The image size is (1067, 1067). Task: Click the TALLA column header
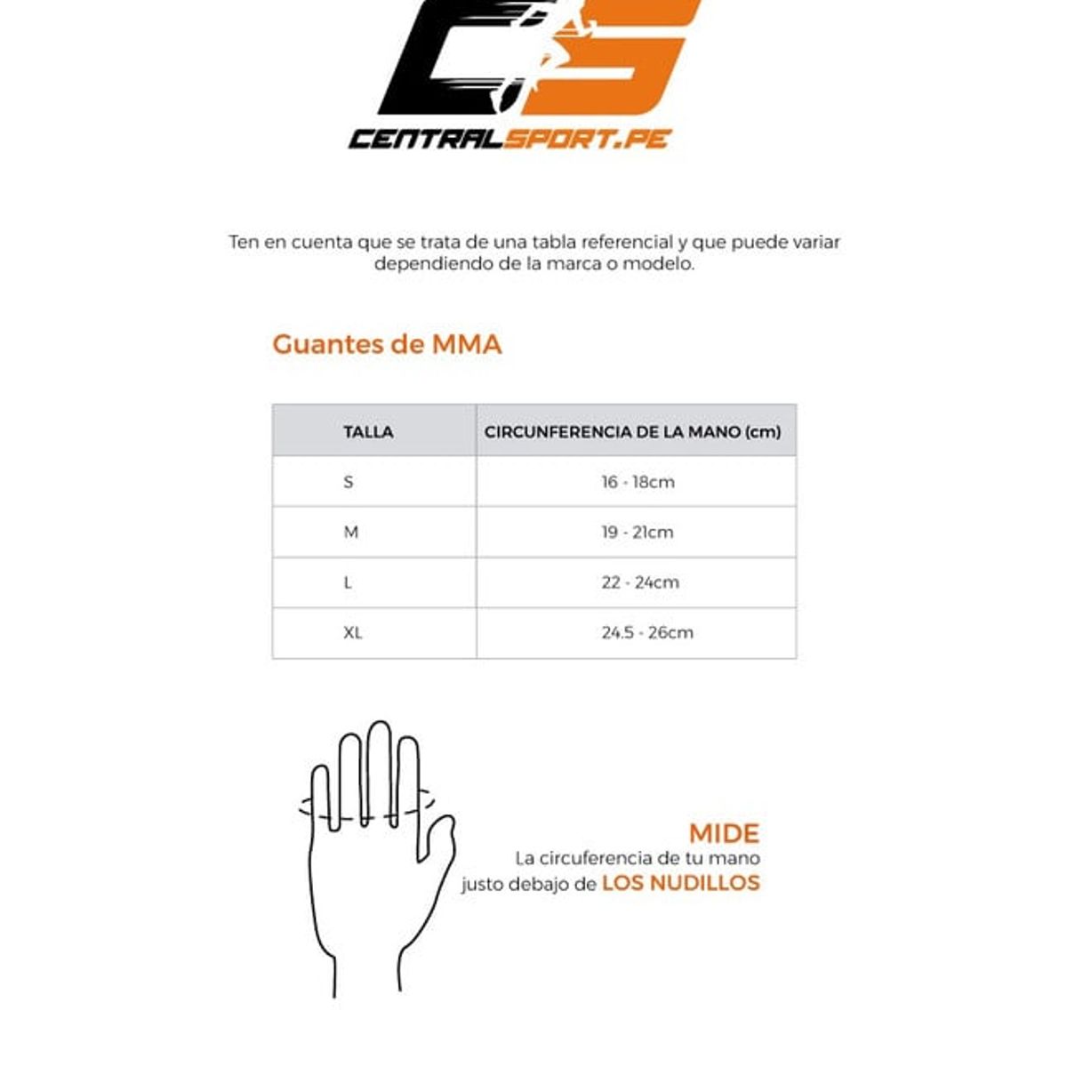coord(368,432)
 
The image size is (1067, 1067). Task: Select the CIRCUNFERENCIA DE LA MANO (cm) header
coord(632,432)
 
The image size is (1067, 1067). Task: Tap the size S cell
coord(349,482)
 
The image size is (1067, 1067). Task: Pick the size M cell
coord(351,533)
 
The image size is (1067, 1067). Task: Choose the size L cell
coord(348,582)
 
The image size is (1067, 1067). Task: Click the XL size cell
coord(353,633)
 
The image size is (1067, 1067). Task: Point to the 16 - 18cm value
coord(638,482)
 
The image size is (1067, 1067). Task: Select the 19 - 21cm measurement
coord(637,533)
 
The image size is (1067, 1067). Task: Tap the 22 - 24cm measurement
coord(639,582)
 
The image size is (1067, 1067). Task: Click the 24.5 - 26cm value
coord(646,633)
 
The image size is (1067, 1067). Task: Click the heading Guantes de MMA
coord(387,344)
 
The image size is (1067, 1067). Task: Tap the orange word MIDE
coord(724,834)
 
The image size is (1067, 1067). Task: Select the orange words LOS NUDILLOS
coord(680,883)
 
